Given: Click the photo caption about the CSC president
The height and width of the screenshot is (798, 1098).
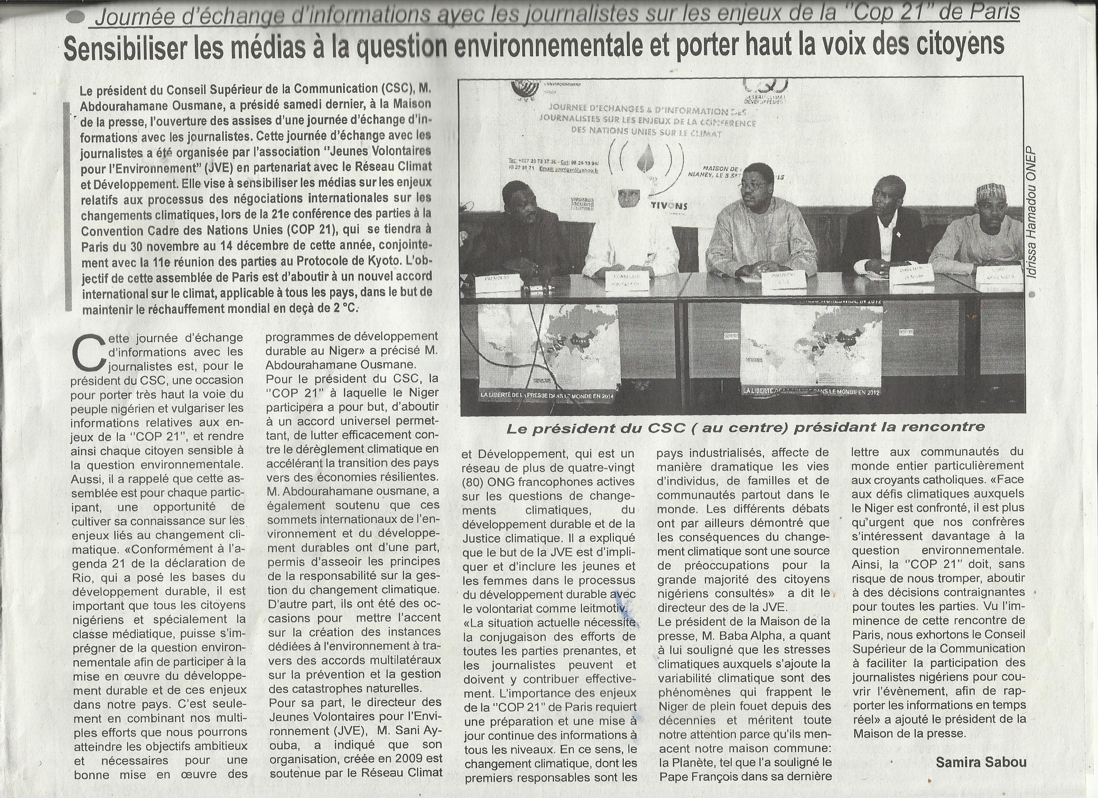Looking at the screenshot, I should pyautogui.click(x=746, y=427).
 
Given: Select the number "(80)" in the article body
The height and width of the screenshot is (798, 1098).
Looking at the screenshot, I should pyautogui.click(x=475, y=482).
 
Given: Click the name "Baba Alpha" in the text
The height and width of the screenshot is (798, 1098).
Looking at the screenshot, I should pyautogui.click(x=779, y=635).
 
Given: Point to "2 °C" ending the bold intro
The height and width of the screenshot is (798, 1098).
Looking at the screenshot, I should pyautogui.click(x=341, y=308).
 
